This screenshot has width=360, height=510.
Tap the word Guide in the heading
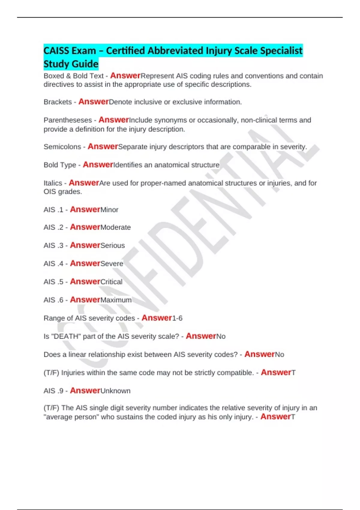pyautogui.click(x=85, y=64)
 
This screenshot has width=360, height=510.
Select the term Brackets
pyautogui.click(x=58, y=102)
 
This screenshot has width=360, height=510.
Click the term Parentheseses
pyautogui.click(x=68, y=120)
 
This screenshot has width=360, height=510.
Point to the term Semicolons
pyautogui.click(x=62, y=147)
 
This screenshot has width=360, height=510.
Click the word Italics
pyautogui.click(x=53, y=183)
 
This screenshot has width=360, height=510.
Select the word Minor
pyautogui.click(x=109, y=210)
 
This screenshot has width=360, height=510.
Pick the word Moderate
pyautogui.click(x=115, y=227)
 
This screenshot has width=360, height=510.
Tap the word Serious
pyautogui.click(x=112, y=245)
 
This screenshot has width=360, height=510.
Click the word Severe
pyautogui.click(x=112, y=264)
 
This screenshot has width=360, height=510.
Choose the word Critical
pyautogui.click(x=111, y=282)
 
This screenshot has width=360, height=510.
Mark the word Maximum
pyautogui.click(x=116, y=300)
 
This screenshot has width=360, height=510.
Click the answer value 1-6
pyautogui.click(x=177, y=318)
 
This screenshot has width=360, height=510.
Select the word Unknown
pyautogui.click(x=115, y=391)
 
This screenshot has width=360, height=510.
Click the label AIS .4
pyautogui.click(x=53, y=264)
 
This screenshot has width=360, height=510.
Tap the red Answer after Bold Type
pyautogui.click(x=98, y=165)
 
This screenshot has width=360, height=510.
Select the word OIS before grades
pyautogui.click(x=50, y=192)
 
